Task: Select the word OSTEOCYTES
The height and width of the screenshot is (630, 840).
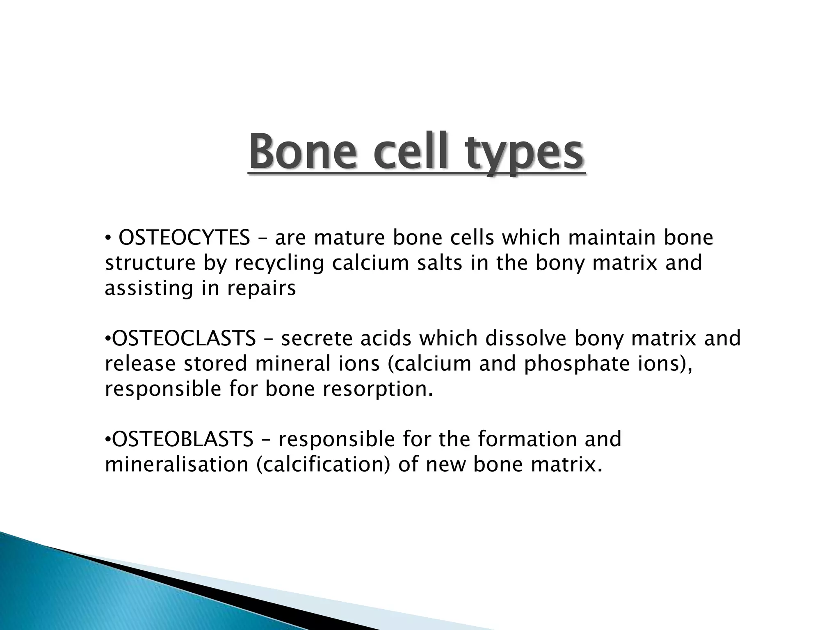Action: pos(184,238)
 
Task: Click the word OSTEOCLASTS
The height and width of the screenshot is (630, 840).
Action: pos(184,339)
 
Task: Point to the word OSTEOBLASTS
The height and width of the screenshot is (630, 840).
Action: pos(183,439)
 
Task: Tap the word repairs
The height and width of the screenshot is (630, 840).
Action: pos(261,289)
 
